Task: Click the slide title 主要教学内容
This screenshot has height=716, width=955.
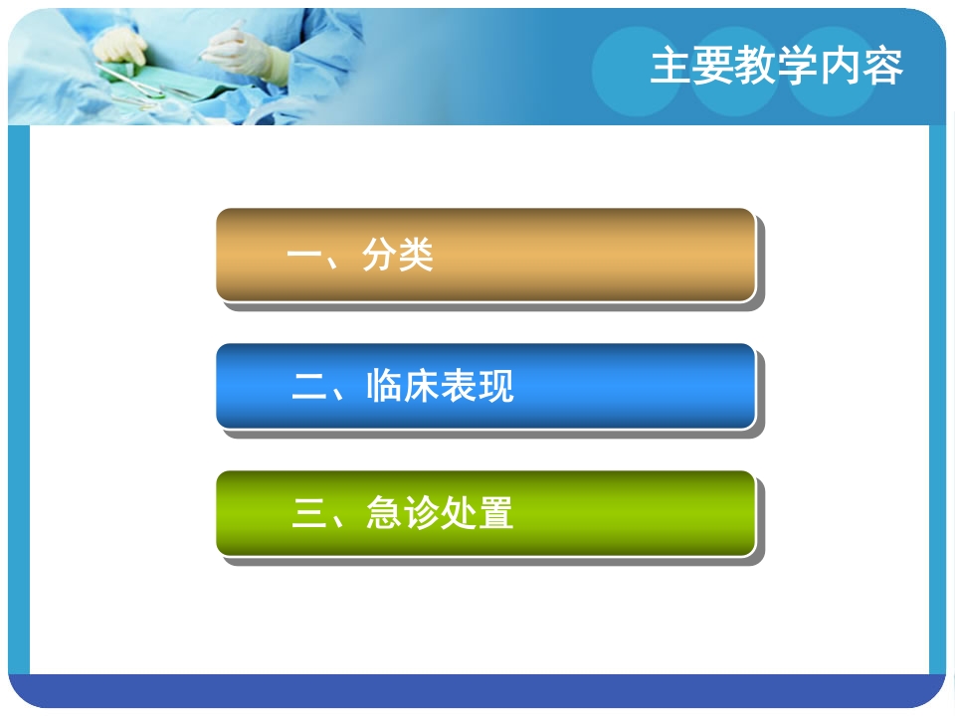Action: (777, 67)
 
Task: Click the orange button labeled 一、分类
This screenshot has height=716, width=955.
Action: (484, 255)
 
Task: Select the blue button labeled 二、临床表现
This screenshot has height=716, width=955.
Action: (484, 386)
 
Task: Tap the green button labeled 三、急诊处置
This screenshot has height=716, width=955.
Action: (484, 513)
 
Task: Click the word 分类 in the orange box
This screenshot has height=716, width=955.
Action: (398, 257)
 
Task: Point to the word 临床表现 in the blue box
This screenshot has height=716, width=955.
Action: (440, 386)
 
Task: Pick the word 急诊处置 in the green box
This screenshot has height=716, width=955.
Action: (440, 514)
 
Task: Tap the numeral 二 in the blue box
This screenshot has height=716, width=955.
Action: (309, 386)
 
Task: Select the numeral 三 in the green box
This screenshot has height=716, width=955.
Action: (309, 514)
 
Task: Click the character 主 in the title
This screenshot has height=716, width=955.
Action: (668, 67)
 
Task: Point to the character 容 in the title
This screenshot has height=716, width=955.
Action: (883, 67)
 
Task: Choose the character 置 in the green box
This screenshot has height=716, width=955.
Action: (495, 514)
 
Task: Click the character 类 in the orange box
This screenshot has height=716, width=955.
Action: (416, 257)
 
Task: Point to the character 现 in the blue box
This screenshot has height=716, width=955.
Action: (495, 386)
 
